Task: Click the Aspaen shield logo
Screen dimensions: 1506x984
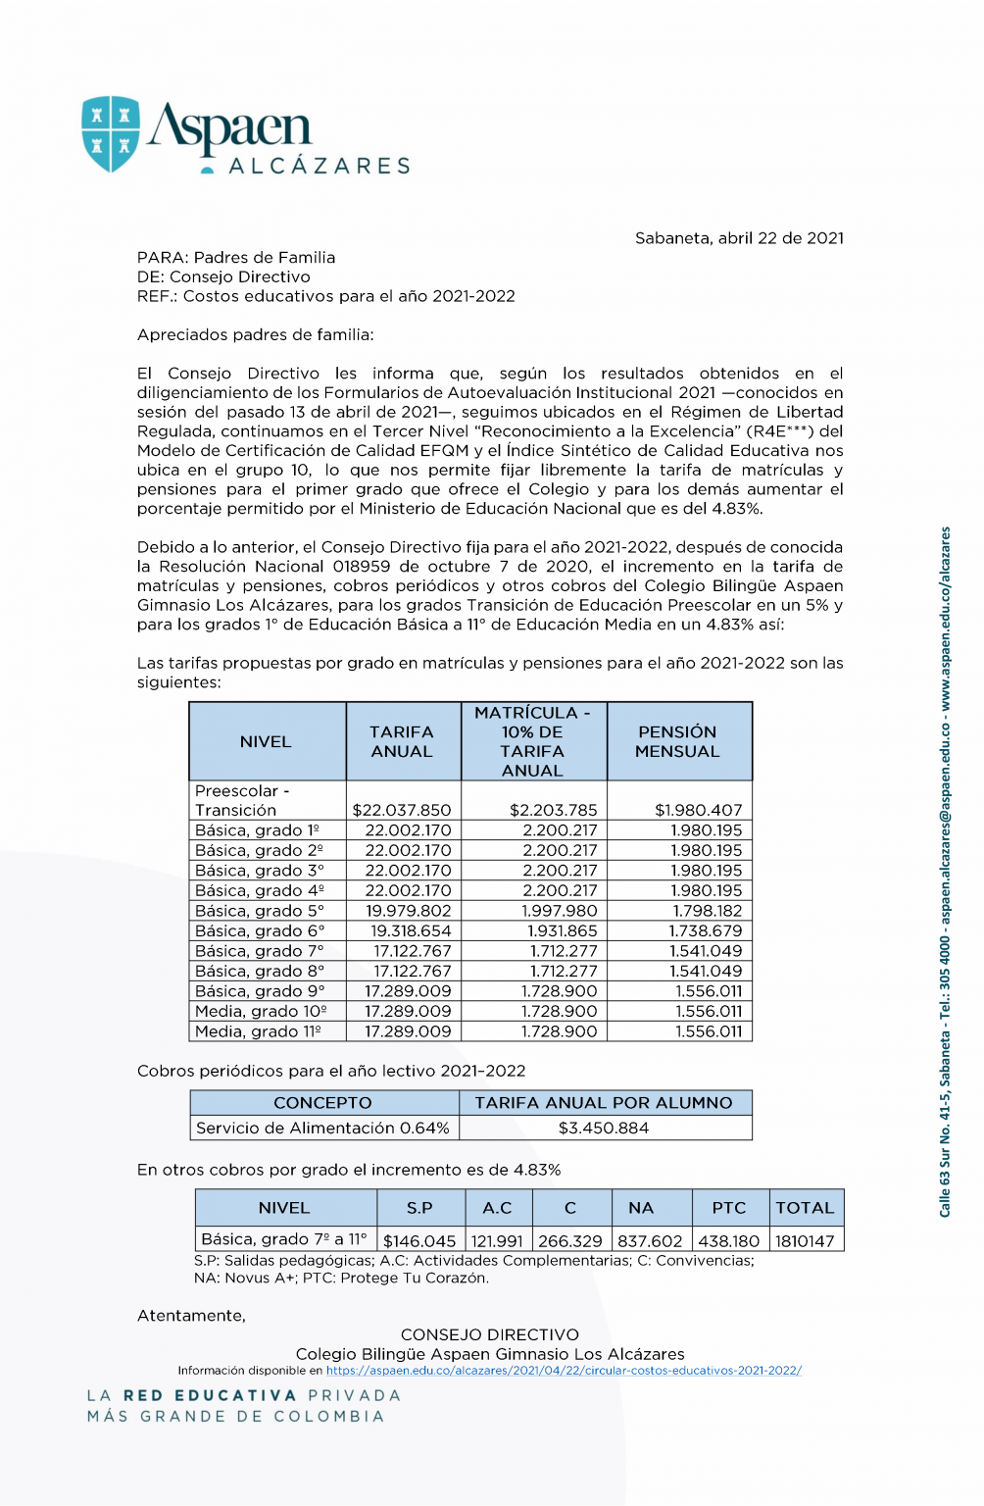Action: coord(111,134)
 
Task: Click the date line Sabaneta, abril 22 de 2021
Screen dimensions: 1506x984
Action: coord(739,238)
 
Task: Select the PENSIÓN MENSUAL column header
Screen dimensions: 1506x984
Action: coord(677,742)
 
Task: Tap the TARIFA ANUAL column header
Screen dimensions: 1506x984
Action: coord(402,742)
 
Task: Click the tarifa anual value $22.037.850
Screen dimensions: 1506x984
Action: coord(402,811)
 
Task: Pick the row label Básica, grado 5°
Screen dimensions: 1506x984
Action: coord(260,911)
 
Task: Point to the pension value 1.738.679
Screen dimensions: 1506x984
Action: coord(706,931)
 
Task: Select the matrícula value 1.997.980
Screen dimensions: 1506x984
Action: coord(560,911)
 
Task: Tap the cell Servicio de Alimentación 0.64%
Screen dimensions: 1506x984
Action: coord(322,1129)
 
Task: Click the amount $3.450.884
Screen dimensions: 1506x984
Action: coord(604,1129)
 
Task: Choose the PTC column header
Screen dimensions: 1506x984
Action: coord(729,1209)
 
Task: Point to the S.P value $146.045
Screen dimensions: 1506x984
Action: coord(419,1241)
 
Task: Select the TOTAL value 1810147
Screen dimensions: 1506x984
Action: coord(805,1241)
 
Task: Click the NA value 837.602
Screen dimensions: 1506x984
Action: coord(650,1241)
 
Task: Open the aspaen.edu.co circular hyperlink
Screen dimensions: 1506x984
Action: coord(564,1371)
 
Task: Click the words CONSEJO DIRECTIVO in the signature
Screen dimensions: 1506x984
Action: coord(490,1335)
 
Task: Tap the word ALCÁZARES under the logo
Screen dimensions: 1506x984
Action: coord(320,167)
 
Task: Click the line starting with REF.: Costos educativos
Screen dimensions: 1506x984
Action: coord(326,296)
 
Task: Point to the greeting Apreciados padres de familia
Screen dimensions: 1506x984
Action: coord(256,335)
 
